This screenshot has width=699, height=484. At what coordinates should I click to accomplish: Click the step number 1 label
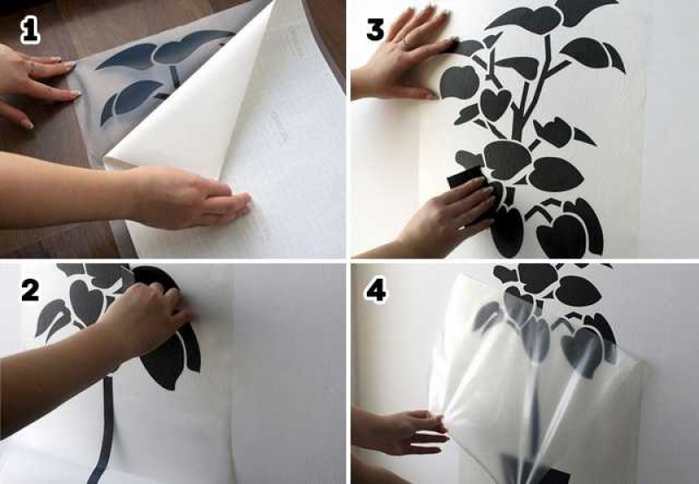(30, 31)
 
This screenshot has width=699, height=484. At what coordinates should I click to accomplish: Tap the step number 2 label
(31, 290)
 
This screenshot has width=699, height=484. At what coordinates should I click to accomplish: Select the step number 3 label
(375, 30)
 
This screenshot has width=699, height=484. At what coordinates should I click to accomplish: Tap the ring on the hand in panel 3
(406, 42)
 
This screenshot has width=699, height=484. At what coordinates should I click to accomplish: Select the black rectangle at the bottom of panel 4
(535, 470)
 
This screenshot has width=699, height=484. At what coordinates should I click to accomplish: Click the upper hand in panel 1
(36, 85)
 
